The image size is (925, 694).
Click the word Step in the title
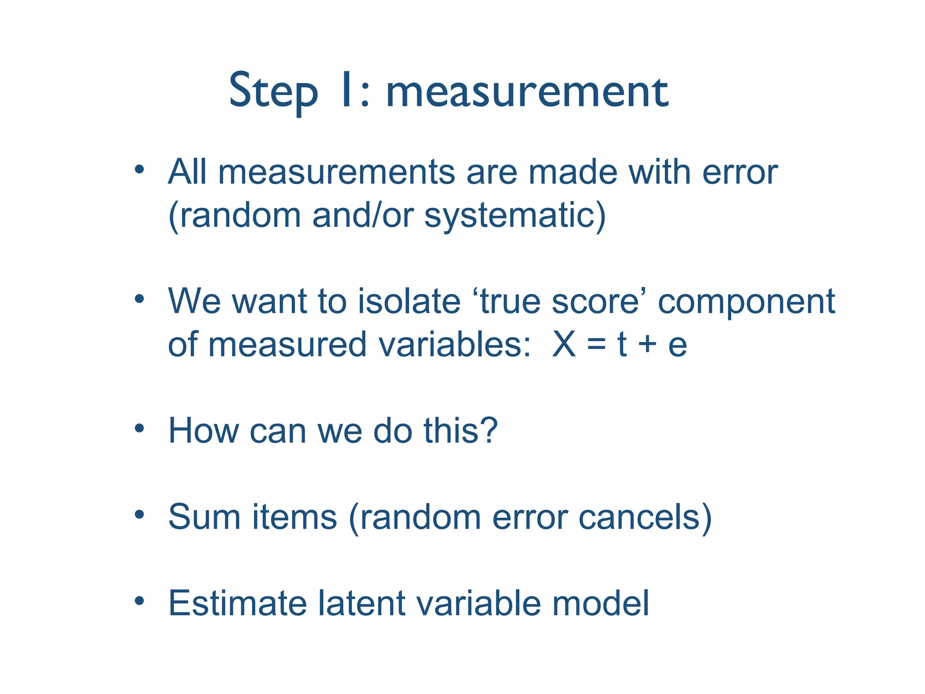tap(273, 92)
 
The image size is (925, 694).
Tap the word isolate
tap(409, 301)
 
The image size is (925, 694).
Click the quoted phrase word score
tap(599, 301)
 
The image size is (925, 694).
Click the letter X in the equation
tap(564, 344)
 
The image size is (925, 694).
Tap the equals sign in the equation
tap(596, 345)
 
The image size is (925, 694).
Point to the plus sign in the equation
tap(647, 345)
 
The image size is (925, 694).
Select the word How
tap(203, 430)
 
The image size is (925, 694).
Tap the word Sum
tap(204, 517)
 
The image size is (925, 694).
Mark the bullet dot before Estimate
tap(139, 601)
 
